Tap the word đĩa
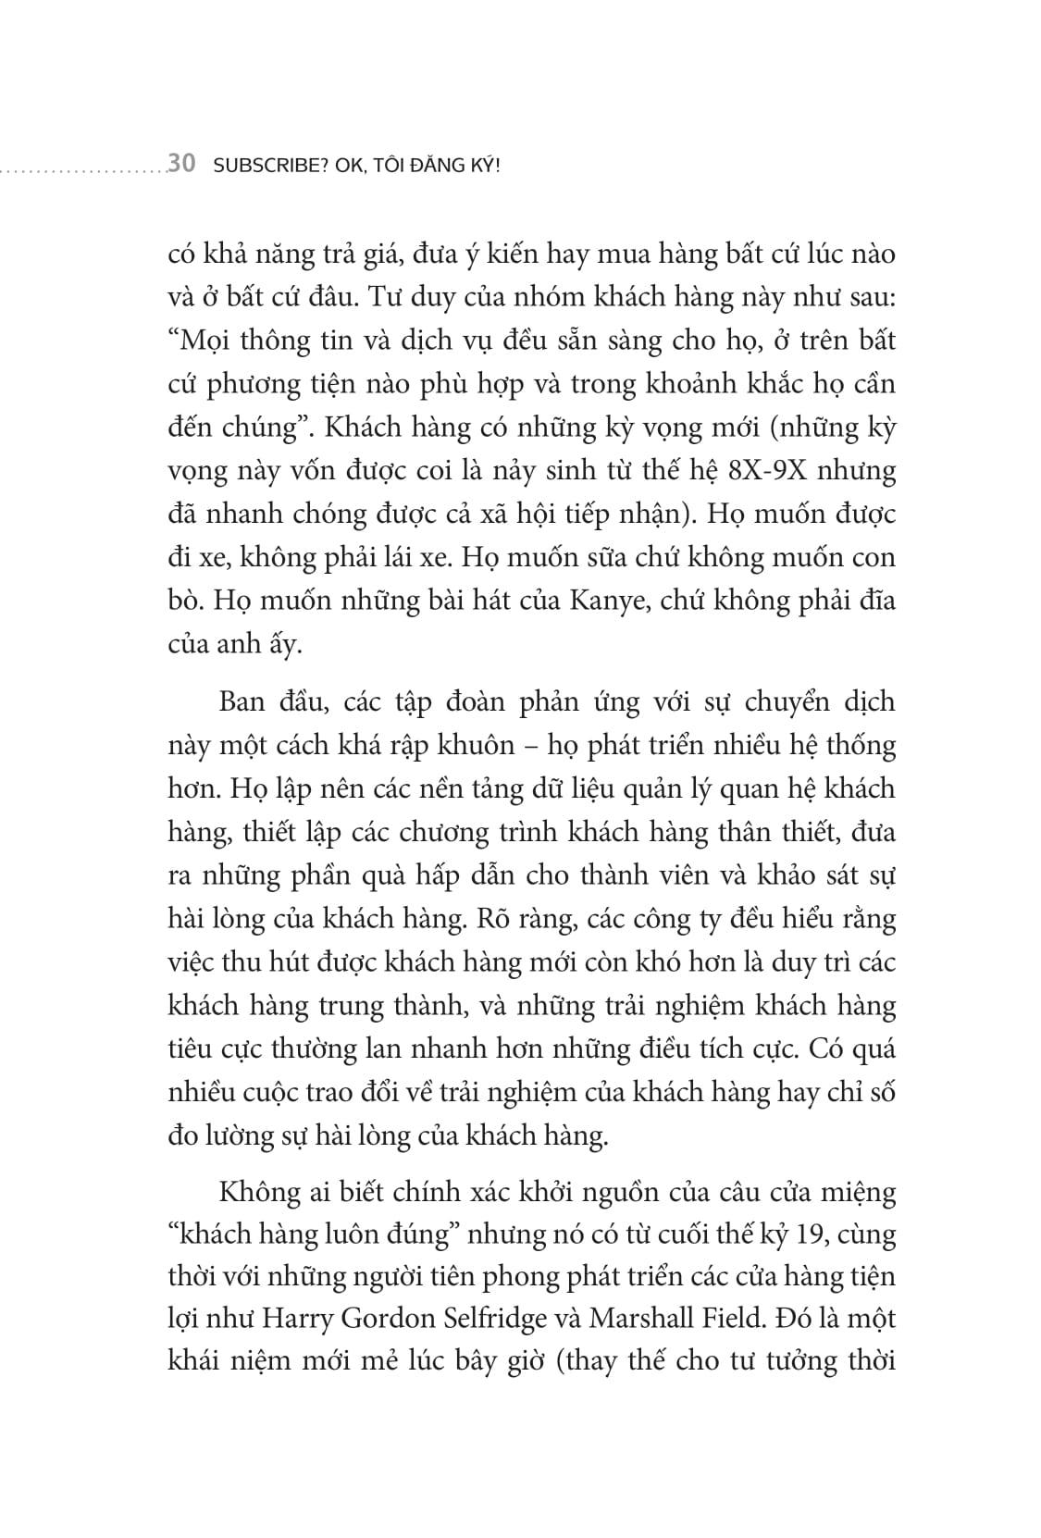874,602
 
